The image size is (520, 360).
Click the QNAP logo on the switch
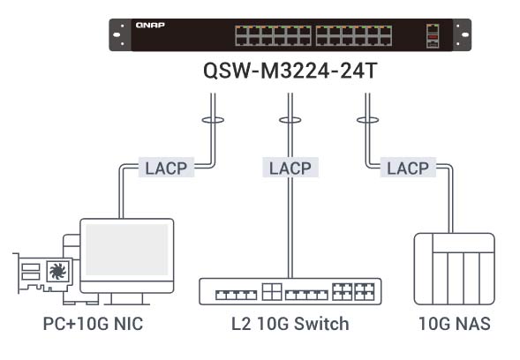150,26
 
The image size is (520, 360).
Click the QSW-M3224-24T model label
290,71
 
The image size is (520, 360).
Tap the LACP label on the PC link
166,168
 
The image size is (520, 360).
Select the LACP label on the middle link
290,168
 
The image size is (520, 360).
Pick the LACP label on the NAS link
408,168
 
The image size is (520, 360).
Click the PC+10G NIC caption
94,324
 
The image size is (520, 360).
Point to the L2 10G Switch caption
290,324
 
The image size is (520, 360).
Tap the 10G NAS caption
455,324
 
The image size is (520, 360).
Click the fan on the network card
57,271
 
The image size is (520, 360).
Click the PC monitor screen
126,250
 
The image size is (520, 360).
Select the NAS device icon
455,269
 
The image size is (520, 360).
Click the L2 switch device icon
290,291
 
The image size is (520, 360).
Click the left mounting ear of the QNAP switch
120,34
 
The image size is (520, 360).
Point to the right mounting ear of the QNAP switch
462,34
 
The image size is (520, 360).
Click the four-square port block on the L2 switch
272,292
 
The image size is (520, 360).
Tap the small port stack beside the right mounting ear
433,36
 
